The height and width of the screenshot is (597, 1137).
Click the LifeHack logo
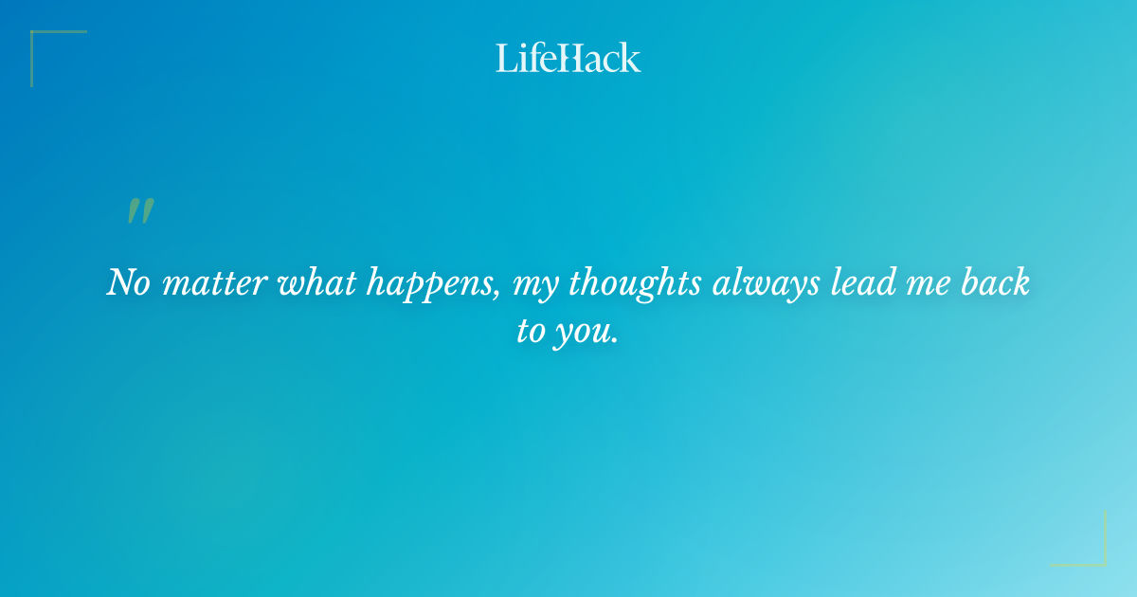click(x=568, y=58)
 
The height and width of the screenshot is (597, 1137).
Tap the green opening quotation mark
click(x=140, y=212)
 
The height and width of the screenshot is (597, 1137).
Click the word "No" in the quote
click(x=128, y=283)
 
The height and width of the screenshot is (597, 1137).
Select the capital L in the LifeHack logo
click(x=505, y=58)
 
